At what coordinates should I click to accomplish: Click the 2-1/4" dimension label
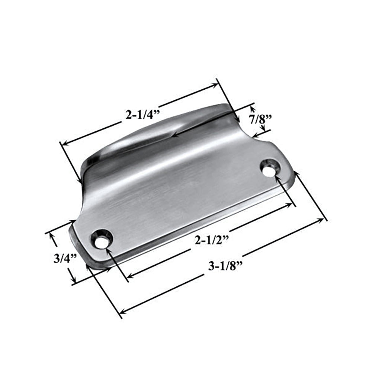click(142, 115)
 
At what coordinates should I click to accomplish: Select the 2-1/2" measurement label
click(210, 240)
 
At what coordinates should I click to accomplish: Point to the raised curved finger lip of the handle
click(156, 134)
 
